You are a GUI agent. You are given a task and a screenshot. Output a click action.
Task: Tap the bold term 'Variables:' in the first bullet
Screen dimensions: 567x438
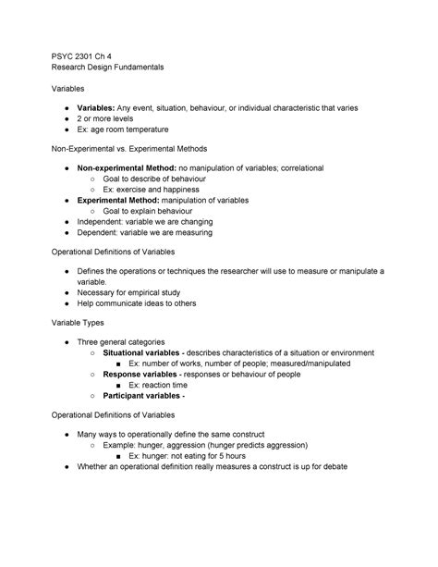click(99, 108)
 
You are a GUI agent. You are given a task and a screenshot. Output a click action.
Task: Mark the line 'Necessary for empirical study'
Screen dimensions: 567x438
click(135, 292)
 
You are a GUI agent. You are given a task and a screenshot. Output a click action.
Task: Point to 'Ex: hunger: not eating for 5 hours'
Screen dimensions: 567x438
click(188, 455)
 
